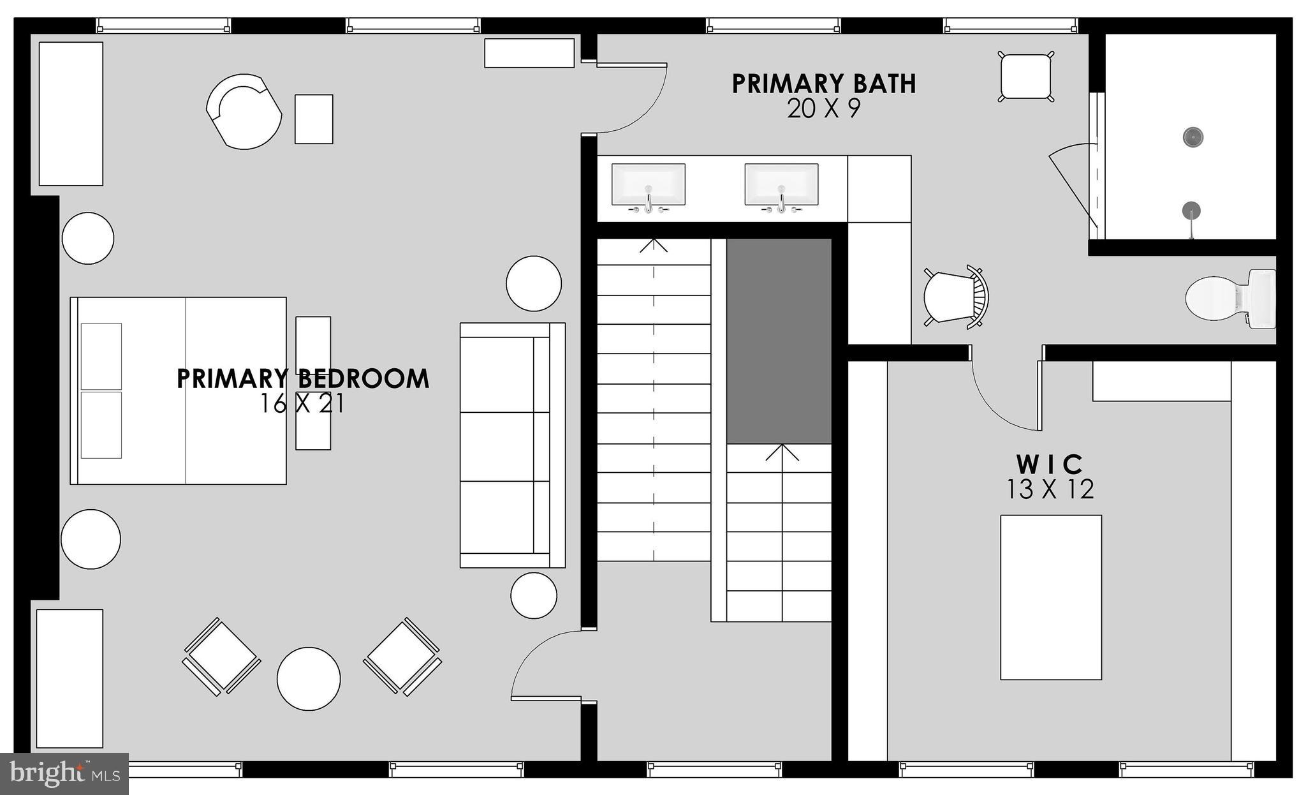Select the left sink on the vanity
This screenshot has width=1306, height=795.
pyautogui.click(x=648, y=184)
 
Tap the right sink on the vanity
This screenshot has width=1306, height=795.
pyautogui.click(x=781, y=184)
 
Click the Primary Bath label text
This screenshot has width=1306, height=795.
pyautogui.click(x=823, y=84)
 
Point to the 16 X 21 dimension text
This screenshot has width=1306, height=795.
pyautogui.click(x=302, y=404)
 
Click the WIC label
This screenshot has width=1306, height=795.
pyautogui.click(x=1050, y=463)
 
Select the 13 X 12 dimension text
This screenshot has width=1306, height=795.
pyautogui.click(x=1050, y=489)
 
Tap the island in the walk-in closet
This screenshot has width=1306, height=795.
pyautogui.click(x=1050, y=597)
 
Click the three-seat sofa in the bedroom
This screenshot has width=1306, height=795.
pyautogui.click(x=511, y=445)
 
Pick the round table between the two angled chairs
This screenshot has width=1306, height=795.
pyautogui.click(x=309, y=678)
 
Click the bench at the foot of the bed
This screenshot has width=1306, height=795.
pyautogui.click(x=313, y=383)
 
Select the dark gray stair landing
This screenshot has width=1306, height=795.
pyautogui.click(x=779, y=341)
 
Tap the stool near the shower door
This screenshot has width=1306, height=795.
pyautogui.click(x=1025, y=77)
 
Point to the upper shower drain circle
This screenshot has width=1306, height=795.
pyautogui.click(x=1192, y=137)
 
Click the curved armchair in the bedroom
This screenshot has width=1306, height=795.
pyautogui.click(x=244, y=112)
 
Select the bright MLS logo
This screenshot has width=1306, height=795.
pyautogui.click(x=64, y=773)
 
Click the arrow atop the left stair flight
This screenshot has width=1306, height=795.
pyautogui.click(x=654, y=245)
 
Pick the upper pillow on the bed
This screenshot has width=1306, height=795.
pyautogui.click(x=101, y=356)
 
